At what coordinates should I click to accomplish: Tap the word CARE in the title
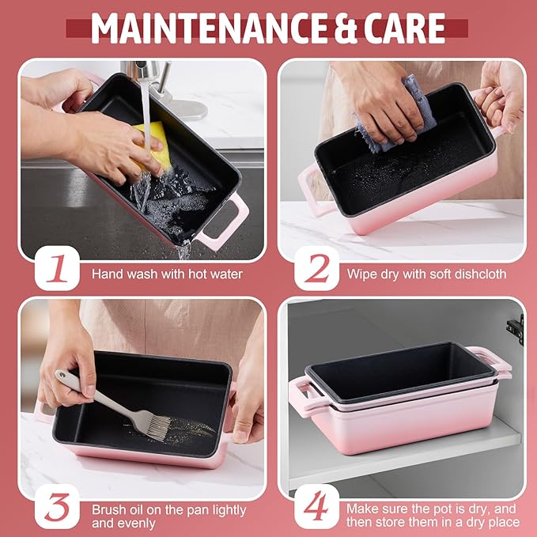point(404,28)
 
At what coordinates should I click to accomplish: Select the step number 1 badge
point(57,268)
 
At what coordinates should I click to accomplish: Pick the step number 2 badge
point(317,268)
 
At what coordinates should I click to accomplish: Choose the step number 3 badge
point(57,506)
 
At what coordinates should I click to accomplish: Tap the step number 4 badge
point(317,506)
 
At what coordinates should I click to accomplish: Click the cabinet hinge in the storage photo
point(516,330)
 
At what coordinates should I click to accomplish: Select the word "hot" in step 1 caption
point(197,274)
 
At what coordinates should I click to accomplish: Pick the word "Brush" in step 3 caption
point(105,510)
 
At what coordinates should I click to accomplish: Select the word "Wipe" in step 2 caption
point(361,274)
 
